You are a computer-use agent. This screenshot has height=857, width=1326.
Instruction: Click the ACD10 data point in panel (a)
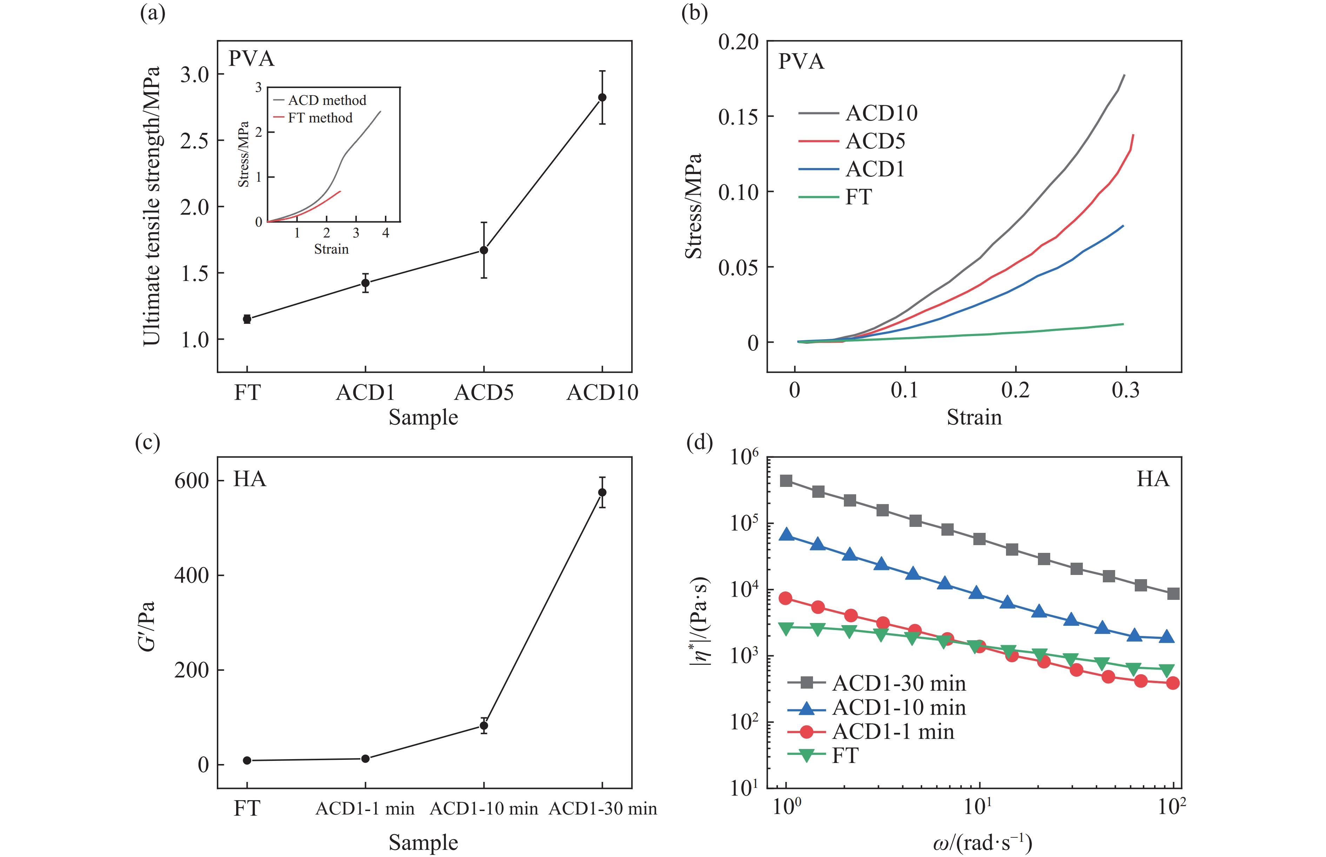tap(602, 98)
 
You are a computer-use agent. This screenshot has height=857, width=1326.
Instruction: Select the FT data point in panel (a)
tap(247, 319)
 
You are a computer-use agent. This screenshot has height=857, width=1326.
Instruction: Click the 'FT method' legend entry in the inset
tap(320, 118)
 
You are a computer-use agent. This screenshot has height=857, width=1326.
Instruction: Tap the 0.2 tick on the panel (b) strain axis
tap(1015, 390)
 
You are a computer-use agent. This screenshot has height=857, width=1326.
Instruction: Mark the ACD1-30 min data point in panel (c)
tap(602, 493)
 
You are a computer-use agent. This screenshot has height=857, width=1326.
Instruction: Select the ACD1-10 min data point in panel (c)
tap(484, 726)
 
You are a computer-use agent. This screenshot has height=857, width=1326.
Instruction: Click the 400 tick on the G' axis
tap(192, 575)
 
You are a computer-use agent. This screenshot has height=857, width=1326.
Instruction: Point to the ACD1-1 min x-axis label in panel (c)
tap(365, 809)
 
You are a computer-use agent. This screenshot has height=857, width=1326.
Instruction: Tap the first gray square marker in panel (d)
tap(786, 481)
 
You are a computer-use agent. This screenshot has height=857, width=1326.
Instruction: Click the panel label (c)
tap(147, 443)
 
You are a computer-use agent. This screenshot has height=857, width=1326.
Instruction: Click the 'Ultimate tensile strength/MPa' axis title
tap(152, 206)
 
